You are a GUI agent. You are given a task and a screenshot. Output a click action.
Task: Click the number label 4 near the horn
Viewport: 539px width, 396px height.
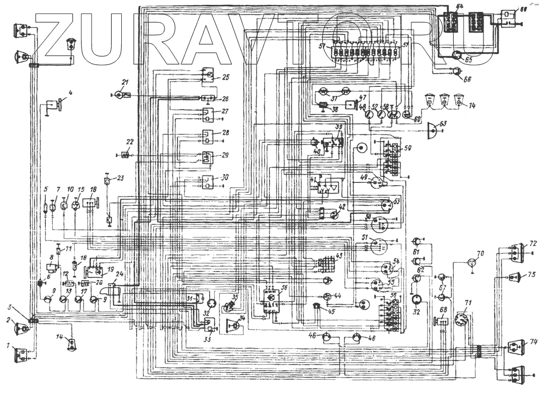[70, 92]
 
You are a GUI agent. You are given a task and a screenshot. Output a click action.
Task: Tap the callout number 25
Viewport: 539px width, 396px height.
[225, 77]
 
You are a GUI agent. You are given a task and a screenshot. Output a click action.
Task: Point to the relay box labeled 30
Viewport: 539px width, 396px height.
[206, 182]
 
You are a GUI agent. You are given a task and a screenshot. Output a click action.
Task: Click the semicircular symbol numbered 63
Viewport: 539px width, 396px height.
[432, 129]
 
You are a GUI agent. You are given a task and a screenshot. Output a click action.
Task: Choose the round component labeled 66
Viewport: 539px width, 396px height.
[457, 70]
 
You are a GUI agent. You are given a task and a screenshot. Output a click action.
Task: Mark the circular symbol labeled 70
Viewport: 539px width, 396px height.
[473, 263]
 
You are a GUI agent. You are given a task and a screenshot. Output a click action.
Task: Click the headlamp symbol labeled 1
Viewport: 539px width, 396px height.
[23, 353]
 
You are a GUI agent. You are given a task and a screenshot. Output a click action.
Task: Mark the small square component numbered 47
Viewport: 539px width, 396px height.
[350, 104]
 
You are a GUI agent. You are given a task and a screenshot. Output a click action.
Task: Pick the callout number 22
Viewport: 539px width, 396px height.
[130, 141]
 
